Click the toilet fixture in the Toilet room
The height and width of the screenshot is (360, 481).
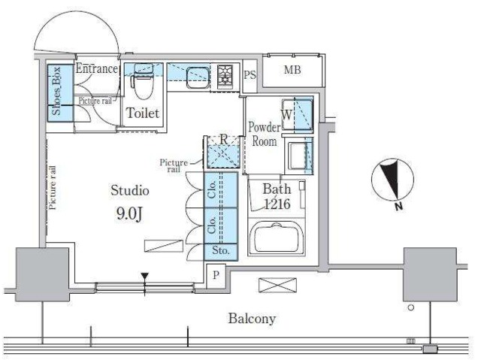point(143,81)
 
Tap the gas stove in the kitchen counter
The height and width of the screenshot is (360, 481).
point(225,76)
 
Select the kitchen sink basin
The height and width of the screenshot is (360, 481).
point(198,77)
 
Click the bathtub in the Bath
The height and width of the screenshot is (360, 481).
point(277,238)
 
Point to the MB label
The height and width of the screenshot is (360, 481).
point(292,70)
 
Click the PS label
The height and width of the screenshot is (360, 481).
point(250,75)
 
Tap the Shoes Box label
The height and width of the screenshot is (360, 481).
point(56,91)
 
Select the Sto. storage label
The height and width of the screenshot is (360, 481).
point(221,250)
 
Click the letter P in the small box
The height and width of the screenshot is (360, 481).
point(216,275)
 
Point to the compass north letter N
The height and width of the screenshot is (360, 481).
point(398,207)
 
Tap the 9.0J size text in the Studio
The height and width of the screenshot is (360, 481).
point(129,213)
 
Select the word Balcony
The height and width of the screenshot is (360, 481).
point(252,319)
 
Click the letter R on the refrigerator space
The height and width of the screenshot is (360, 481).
point(224,140)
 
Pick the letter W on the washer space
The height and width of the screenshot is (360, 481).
point(286,114)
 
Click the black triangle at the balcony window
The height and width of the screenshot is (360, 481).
point(145,276)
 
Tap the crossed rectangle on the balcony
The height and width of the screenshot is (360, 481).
point(277,285)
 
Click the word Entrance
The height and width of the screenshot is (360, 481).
point(97,68)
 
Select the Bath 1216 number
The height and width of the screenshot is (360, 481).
point(277,204)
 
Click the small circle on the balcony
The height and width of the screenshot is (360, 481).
point(411,307)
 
